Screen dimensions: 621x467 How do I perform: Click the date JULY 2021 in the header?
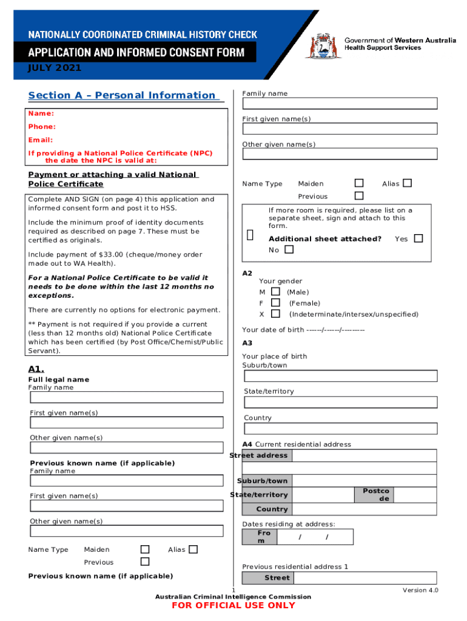55,68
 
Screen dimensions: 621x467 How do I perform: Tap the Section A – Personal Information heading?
121,95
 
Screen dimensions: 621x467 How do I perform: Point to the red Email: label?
41,140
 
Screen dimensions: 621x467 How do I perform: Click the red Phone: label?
42,127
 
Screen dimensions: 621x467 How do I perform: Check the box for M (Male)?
275,292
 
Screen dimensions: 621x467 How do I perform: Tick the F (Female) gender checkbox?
275,303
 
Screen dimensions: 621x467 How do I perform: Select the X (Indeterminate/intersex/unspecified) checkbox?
275,314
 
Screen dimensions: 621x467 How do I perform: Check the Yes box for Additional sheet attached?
418,238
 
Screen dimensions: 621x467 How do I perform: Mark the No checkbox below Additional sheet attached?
289,249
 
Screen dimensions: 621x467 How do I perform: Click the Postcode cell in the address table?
376,494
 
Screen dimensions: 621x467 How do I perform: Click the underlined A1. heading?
36,369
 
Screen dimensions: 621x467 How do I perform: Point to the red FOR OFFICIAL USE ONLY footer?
233,605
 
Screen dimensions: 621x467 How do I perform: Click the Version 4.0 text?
420,590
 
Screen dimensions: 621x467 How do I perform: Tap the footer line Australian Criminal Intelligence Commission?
233,597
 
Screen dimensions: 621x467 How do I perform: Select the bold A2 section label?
247,274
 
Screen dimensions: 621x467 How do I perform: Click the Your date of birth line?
303,330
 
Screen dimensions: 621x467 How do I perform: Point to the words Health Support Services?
383,48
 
